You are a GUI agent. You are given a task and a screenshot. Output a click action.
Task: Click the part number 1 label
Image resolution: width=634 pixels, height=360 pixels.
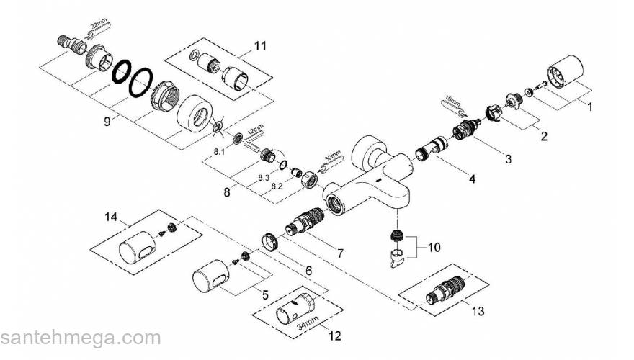590,108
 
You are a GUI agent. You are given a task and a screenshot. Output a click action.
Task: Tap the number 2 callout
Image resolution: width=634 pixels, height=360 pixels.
545,135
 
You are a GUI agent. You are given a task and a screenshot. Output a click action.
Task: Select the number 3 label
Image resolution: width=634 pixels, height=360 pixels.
508,158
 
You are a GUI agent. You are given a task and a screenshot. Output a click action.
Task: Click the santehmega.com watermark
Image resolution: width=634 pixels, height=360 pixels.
81,338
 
